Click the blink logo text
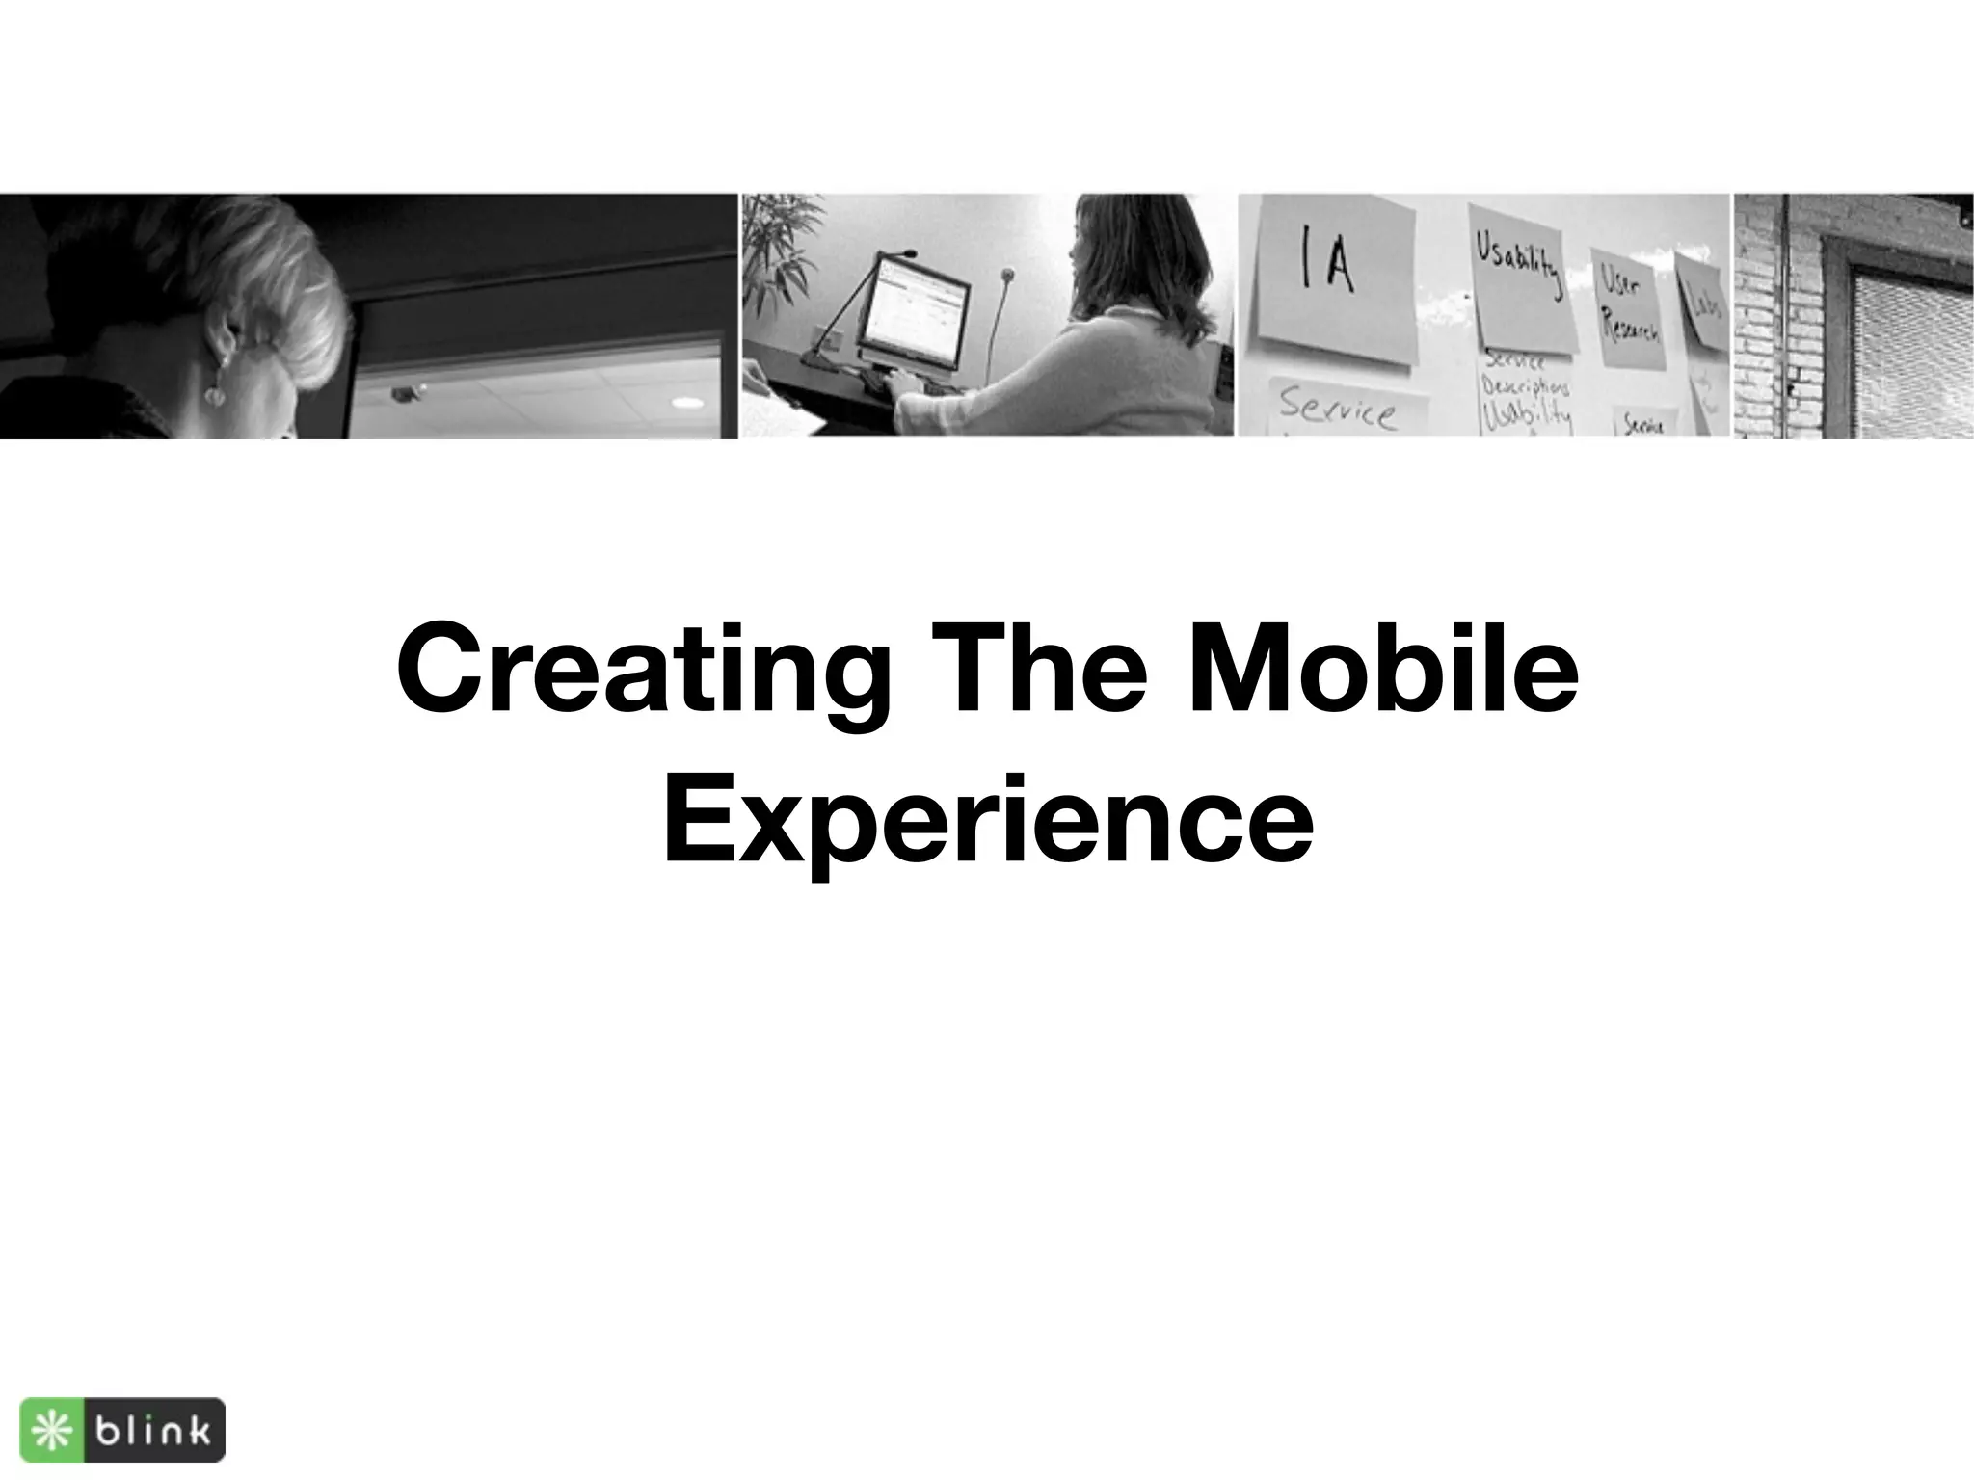click(x=151, y=1431)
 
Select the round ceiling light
click(x=686, y=401)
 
